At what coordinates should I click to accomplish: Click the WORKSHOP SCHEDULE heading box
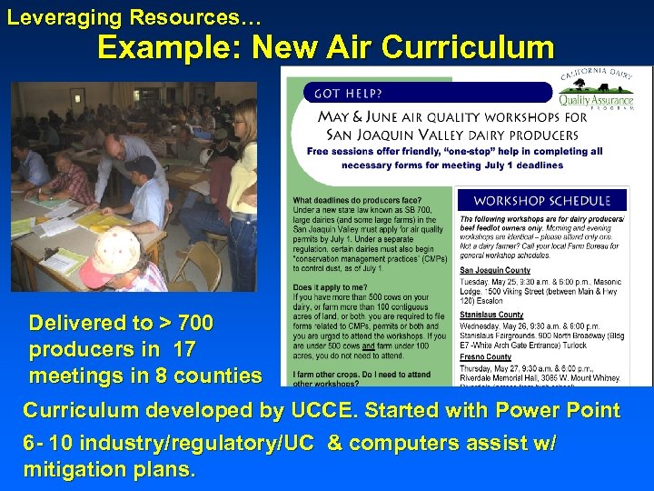542,199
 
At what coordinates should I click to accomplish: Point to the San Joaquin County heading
495,271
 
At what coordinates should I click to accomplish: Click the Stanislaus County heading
491,315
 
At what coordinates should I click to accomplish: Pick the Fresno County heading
487,357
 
